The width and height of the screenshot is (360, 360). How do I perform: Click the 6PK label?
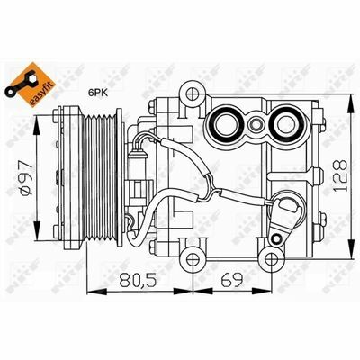tap(98, 93)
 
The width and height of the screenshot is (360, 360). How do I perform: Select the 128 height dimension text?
tap(340, 175)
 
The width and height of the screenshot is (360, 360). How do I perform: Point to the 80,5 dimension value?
tap(139, 281)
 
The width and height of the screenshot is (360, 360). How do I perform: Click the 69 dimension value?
tap(231, 281)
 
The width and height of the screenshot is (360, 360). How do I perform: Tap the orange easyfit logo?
tap(31, 85)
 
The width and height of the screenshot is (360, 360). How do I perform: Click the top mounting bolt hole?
tap(192, 94)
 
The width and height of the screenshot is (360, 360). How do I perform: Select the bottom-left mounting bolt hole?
tap(192, 257)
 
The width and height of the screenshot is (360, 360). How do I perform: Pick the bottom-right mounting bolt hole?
tap(272, 257)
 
